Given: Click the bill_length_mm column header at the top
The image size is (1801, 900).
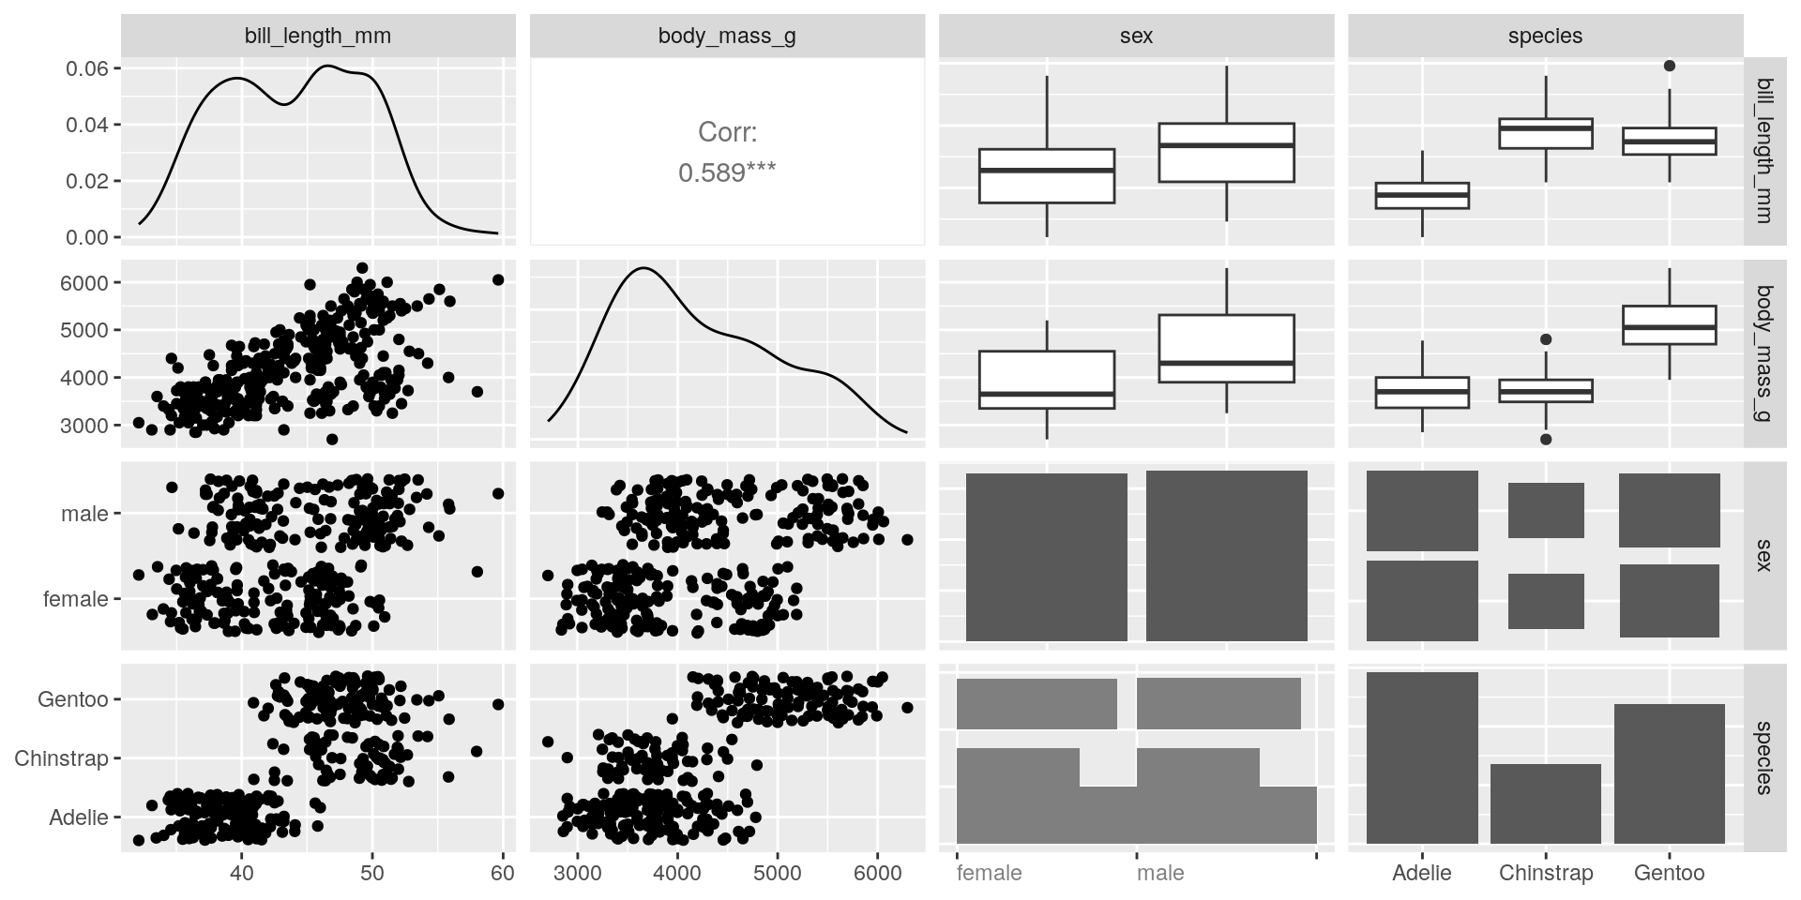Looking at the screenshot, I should (318, 37).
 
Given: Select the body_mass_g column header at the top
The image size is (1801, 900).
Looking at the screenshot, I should (727, 37).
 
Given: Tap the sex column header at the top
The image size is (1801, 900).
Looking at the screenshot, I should (1136, 37).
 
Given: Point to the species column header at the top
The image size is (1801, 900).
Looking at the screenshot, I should (1545, 37).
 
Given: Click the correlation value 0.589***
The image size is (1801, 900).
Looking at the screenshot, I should (727, 172).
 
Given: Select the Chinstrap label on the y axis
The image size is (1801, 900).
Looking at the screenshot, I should (61, 758).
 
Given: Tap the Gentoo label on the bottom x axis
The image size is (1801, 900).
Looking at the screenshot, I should (1669, 874).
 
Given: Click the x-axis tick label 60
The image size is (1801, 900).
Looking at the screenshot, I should (503, 874).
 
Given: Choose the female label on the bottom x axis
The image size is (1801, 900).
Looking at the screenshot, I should (989, 874).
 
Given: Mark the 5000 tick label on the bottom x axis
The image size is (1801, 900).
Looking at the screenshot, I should (778, 874).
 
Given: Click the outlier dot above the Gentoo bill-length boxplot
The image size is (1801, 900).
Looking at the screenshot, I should (1669, 66).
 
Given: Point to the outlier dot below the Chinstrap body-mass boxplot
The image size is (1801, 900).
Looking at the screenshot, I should (1546, 439).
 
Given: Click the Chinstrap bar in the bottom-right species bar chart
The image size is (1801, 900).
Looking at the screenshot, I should (1545, 803).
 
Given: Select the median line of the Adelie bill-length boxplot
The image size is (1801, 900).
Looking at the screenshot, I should (1422, 195).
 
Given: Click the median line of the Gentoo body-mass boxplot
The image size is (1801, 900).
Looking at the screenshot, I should (1669, 327).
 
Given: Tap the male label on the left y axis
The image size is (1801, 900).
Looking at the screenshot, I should (84, 514).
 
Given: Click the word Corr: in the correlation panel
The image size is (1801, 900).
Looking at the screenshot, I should (727, 132).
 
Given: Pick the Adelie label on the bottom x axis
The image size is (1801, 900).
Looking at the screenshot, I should (1422, 874).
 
